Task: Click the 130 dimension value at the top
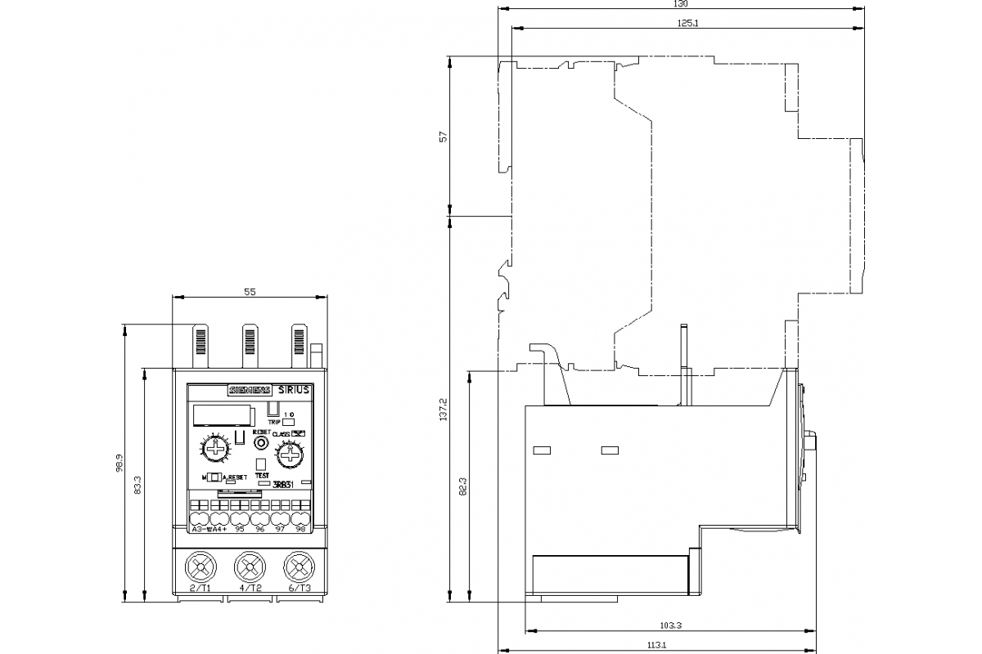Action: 680,4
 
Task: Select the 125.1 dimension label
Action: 687,22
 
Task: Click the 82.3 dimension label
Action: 462,486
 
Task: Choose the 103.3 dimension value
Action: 670,625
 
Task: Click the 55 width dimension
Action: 250,292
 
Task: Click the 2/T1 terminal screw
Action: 200,566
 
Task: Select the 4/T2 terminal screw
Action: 250,566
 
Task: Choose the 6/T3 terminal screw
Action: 300,566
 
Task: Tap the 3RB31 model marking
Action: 282,485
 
